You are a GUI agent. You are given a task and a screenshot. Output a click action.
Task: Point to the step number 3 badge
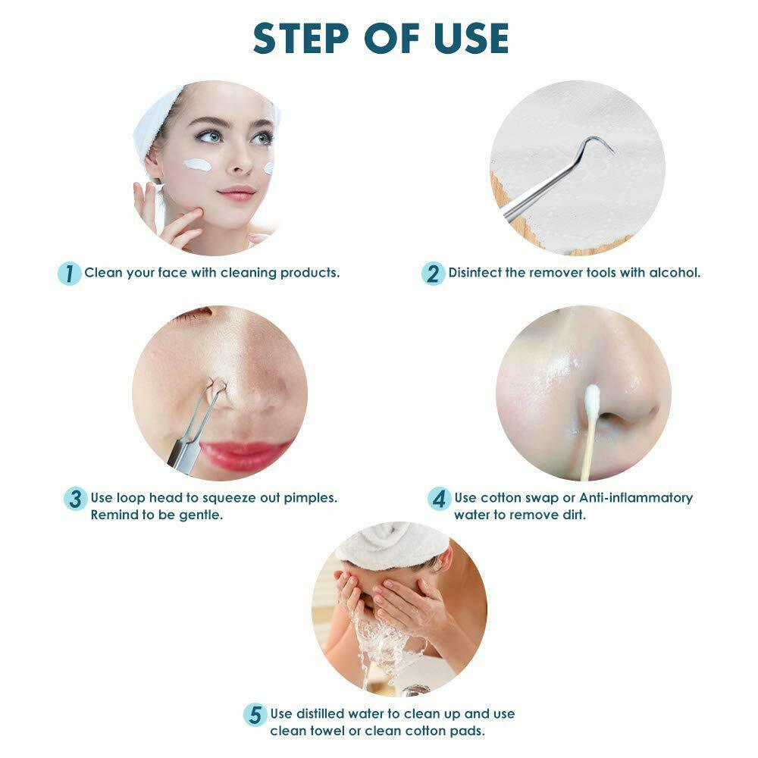click(x=75, y=499)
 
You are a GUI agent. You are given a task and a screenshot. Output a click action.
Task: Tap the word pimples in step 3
click(x=312, y=498)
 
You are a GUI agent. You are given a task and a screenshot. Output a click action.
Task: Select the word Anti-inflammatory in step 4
click(x=636, y=498)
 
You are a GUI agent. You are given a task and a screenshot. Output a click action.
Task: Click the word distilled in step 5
click(x=323, y=714)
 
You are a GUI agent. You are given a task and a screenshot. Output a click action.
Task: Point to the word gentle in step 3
click(x=203, y=515)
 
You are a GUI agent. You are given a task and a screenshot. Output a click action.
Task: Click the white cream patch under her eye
click(x=199, y=164)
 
